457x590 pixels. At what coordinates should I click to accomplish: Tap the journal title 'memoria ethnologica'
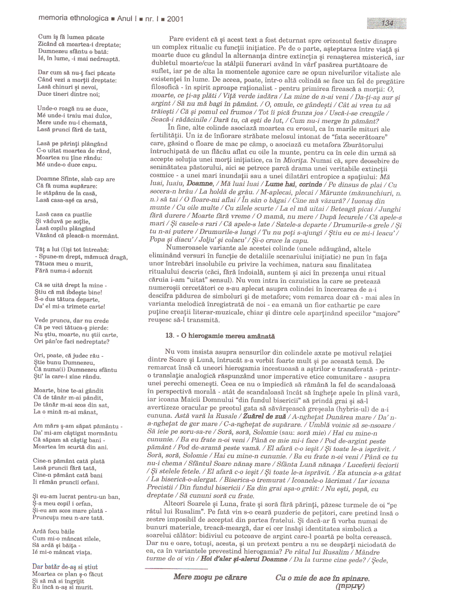point(73,18)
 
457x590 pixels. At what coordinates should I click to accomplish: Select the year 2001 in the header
point(175,19)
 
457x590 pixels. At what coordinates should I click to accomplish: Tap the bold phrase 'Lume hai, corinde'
point(293,184)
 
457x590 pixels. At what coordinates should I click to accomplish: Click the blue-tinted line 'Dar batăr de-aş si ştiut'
point(65,567)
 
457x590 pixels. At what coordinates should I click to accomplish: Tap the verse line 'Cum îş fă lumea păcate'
point(71,37)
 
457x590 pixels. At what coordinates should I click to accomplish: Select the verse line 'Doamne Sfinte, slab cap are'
point(75,179)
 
